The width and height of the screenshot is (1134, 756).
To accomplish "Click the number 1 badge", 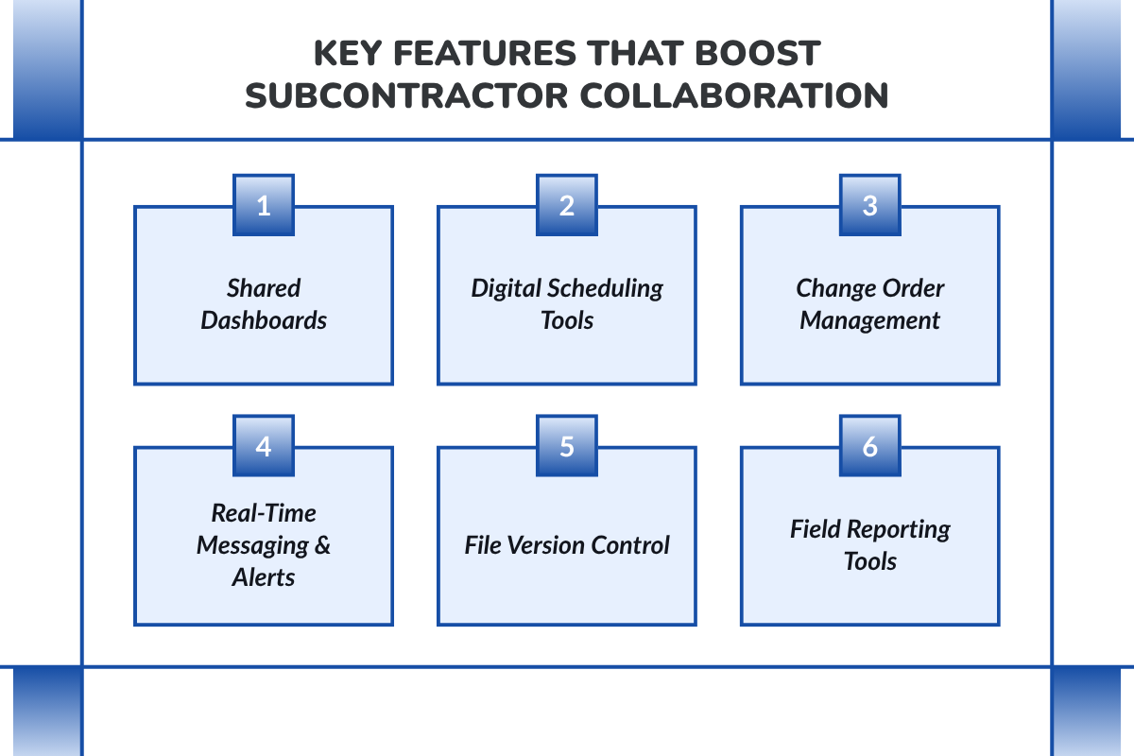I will pos(264,205).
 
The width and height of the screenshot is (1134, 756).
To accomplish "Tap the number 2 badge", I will pos(567,205).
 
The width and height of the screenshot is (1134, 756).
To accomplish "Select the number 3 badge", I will pos(869,205).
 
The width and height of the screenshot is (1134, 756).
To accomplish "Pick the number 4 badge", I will pos(264,445).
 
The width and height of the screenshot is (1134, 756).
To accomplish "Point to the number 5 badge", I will pos(567,445).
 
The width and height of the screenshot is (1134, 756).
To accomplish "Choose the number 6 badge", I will pos(869,445).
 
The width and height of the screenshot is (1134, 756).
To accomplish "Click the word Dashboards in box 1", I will pos(264,320).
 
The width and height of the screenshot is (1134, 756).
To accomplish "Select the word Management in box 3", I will pos(869,320).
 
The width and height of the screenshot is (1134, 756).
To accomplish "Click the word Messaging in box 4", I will pos(245,545).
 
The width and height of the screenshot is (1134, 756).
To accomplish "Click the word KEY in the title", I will pos(350,53).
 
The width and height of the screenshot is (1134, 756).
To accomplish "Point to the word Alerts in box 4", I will pos(264,577).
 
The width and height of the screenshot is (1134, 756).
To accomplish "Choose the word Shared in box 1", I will pos(264,288).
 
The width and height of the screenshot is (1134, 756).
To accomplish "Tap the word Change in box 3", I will pos(832,288).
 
